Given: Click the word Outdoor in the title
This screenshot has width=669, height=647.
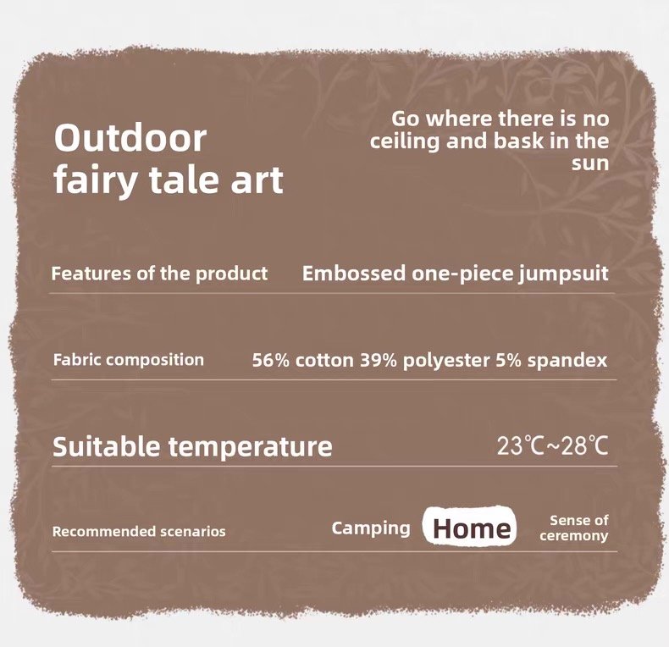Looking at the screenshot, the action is (130, 138).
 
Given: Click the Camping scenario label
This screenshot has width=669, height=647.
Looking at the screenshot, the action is (371, 528).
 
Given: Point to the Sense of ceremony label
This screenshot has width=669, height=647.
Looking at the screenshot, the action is (574, 528).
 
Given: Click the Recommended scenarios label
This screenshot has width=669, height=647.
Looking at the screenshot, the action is (139, 532).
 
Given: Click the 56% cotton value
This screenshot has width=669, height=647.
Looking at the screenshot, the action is (302, 361).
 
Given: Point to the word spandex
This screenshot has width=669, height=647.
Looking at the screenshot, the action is (567, 361).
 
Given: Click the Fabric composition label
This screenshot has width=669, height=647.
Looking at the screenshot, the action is (129, 360).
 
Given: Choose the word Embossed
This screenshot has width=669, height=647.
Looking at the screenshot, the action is (354, 274).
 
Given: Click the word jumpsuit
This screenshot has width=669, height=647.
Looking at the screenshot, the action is (564, 274).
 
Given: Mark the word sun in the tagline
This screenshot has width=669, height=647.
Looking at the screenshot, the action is (590, 164).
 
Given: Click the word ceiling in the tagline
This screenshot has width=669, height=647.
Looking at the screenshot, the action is (405, 142).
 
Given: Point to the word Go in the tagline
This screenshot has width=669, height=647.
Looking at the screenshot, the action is (406, 119).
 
